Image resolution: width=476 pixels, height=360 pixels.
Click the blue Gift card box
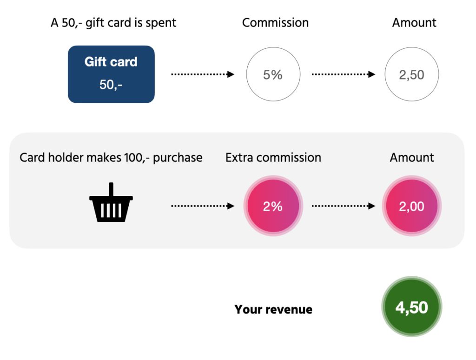pyautogui.click(x=111, y=74)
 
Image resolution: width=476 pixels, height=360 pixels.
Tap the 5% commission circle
pyautogui.click(x=273, y=74)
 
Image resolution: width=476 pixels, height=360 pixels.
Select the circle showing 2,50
pyautogui.click(x=412, y=74)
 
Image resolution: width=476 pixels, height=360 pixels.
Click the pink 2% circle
pyautogui.click(x=273, y=206)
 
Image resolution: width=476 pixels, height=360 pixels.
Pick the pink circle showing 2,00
pyautogui.click(x=412, y=206)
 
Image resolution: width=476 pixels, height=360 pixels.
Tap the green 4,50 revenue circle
pyautogui.click(x=412, y=307)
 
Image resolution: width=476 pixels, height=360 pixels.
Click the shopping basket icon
pyautogui.click(x=111, y=202)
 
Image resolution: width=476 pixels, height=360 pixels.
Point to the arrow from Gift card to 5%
pyautogui.click(x=203, y=74)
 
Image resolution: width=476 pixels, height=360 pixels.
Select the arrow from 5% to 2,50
pyautogui.click(x=344, y=74)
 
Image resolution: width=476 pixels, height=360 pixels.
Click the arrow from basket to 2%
pyautogui.click(x=203, y=206)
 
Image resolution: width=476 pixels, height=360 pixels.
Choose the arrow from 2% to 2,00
pyautogui.click(x=344, y=206)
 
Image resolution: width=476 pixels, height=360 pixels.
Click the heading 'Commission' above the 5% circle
pyautogui.click(x=275, y=23)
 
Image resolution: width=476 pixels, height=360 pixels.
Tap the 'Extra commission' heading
pyautogui.click(x=273, y=158)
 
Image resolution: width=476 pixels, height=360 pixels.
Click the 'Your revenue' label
pyautogui.click(x=273, y=309)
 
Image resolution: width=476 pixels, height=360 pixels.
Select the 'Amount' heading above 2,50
pyautogui.click(x=414, y=23)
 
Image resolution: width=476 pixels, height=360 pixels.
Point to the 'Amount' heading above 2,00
pyautogui.click(x=412, y=158)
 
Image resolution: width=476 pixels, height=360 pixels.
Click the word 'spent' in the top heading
pyautogui.click(x=161, y=23)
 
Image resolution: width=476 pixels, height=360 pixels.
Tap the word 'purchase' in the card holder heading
pyautogui.click(x=178, y=158)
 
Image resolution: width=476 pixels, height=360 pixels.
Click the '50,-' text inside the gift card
pyautogui.click(x=111, y=85)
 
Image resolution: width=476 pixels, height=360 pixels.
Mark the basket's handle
pyautogui.click(x=111, y=189)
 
